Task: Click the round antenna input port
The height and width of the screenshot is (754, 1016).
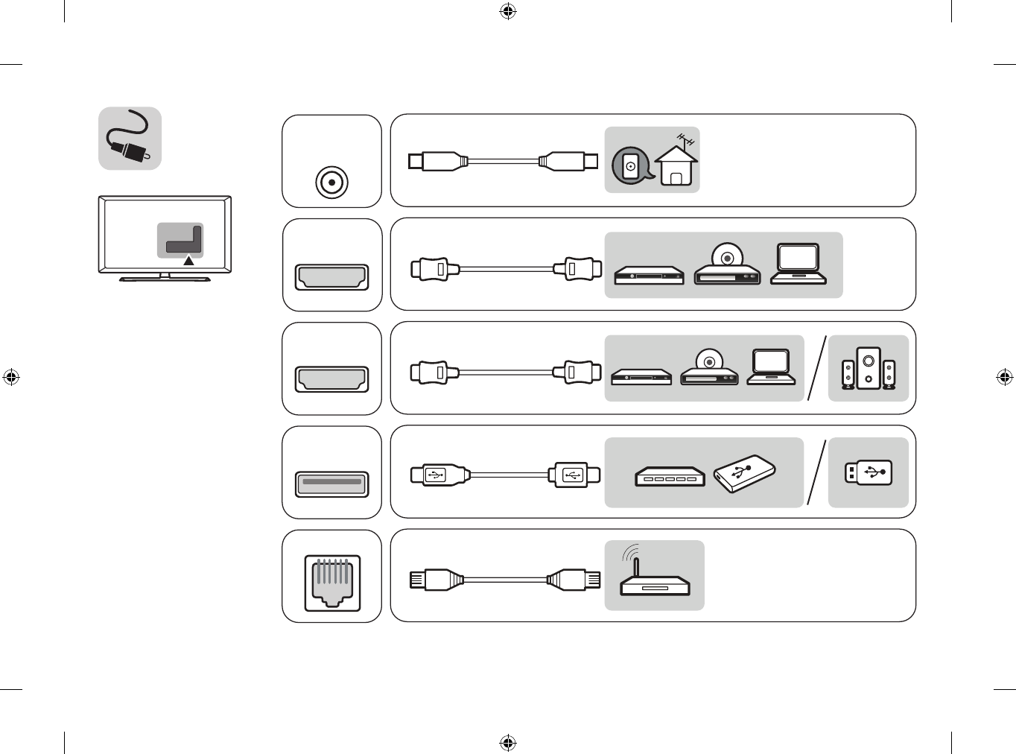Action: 331,182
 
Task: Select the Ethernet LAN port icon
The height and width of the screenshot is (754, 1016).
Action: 331,581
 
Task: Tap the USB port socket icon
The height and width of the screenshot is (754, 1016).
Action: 331,484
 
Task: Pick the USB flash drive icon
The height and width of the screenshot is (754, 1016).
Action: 869,472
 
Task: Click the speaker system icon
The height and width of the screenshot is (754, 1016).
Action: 869,368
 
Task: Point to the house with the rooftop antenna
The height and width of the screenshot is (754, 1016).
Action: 676,163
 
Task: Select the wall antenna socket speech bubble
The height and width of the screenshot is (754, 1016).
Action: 631,166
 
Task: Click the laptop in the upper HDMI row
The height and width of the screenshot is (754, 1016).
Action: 798,264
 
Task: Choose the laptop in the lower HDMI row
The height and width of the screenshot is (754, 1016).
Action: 770,367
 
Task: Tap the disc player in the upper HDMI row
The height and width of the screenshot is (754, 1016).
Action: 727,266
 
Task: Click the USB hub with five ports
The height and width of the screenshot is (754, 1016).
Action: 670,476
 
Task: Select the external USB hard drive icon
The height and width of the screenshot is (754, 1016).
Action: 744,473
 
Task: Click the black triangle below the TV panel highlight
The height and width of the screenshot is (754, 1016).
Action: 189,261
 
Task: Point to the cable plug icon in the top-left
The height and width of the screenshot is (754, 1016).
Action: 130,139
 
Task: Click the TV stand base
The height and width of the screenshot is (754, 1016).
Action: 165,279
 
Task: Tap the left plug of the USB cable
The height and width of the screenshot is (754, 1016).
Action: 439,475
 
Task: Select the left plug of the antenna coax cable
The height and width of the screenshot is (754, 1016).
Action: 436,160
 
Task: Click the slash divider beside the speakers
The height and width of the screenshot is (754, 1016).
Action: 817,368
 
